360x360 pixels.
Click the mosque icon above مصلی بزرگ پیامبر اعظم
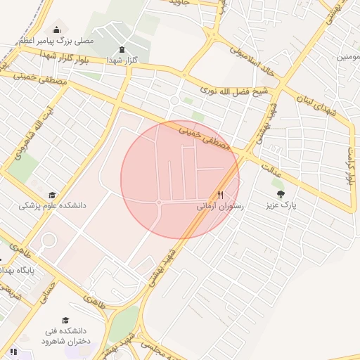[x=56, y=30]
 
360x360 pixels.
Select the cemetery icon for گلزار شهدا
[x=123, y=49]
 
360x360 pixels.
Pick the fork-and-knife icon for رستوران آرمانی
[x=220, y=195]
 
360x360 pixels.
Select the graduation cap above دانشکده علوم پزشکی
[x=51, y=195]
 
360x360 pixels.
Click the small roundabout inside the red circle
[x=160, y=202]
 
